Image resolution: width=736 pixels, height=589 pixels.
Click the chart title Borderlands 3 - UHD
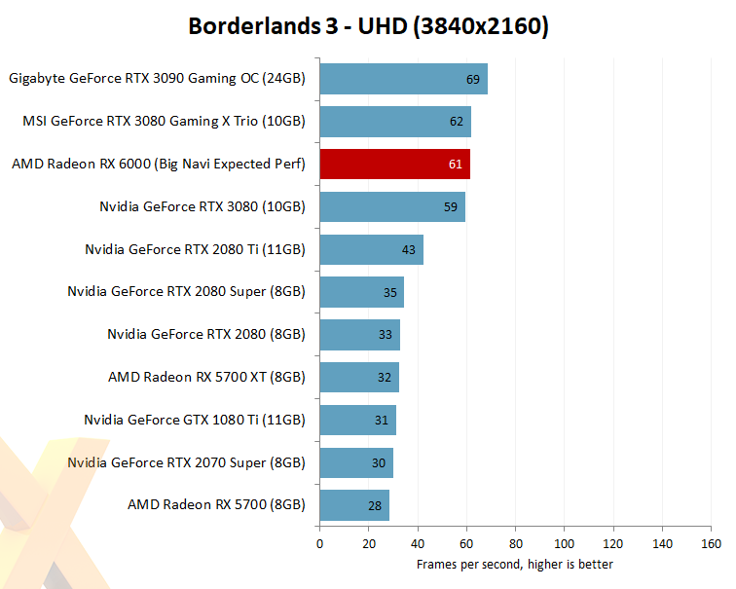click(368, 26)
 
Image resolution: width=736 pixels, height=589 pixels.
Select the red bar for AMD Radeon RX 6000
click(394, 164)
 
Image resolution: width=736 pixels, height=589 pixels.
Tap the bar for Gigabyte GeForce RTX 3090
click(403, 79)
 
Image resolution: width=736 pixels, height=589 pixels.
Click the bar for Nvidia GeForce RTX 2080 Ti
click(371, 249)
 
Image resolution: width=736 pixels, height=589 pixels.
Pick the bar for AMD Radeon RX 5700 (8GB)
click(354, 505)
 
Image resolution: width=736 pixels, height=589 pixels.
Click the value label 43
click(409, 250)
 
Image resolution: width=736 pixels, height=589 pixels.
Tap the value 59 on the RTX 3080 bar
click(451, 207)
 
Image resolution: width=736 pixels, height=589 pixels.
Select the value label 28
click(376, 506)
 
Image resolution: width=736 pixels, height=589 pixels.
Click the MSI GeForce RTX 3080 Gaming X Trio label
click(164, 122)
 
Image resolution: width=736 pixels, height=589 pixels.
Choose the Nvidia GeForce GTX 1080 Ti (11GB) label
click(195, 420)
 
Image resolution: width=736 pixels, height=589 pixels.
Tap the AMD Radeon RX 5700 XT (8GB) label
click(206, 377)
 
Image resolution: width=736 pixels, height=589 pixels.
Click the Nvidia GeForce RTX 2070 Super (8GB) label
click(186, 462)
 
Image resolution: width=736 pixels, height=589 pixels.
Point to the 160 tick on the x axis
click(711, 543)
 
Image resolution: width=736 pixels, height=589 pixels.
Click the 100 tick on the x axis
click(564, 543)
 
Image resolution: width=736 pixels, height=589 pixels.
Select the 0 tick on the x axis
click(319, 543)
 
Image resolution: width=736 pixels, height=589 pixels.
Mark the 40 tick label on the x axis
click(417, 543)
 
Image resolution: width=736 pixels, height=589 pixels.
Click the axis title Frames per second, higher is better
click(515, 564)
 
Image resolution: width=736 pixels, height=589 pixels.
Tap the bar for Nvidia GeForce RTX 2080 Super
click(361, 292)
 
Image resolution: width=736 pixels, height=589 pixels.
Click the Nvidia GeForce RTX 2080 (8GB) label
click(206, 334)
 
